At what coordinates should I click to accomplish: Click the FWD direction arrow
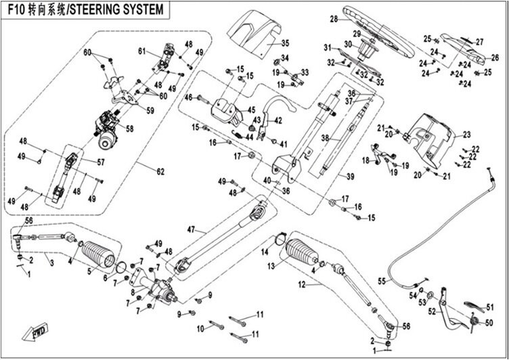pyautogui.click(x=35, y=332)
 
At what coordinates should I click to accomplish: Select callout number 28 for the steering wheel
pyautogui.click(x=334, y=19)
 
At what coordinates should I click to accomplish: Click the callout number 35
pyautogui.click(x=285, y=43)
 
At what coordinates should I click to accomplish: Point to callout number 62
pyautogui.click(x=160, y=171)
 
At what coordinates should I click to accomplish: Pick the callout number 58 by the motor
pyautogui.click(x=129, y=129)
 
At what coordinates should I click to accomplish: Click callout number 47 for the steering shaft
pyautogui.click(x=191, y=230)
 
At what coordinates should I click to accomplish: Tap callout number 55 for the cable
pyautogui.click(x=382, y=281)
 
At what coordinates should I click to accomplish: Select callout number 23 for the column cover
pyautogui.click(x=466, y=134)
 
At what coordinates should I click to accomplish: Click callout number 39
pyautogui.click(x=350, y=177)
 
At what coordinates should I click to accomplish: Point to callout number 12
pyautogui.click(x=302, y=285)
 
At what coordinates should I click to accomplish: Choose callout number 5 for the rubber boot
pyautogui.click(x=89, y=272)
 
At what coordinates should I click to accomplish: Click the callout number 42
pyautogui.click(x=278, y=120)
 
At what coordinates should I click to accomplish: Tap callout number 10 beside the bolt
pyautogui.click(x=200, y=328)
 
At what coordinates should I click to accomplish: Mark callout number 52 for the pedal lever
pyautogui.click(x=432, y=312)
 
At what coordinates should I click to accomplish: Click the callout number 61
pyautogui.click(x=141, y=51)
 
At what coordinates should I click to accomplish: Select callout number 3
pyautogui.click(x=52, y=263)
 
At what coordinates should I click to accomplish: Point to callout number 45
pyautogui.click(x=251, y=110)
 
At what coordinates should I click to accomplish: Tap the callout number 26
pyautogui.click(x=495, y=58)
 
